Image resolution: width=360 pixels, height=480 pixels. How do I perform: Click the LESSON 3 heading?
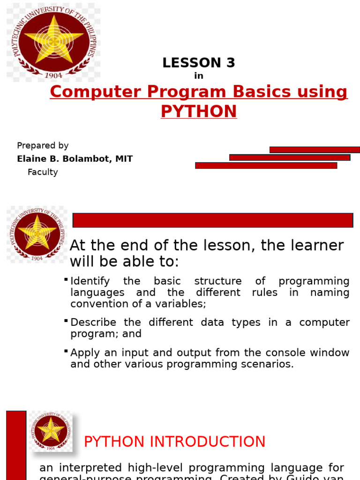coord(199,63)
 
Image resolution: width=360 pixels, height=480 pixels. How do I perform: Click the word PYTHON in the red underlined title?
coord(199,112)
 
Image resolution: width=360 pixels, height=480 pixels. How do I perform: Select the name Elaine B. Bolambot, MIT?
coord(75,159)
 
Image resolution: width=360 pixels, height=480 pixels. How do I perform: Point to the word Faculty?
coord(43,172)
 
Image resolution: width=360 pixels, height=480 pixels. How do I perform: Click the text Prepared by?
coord(43,146)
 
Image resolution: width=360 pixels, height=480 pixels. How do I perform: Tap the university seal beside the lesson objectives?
coord(37,233)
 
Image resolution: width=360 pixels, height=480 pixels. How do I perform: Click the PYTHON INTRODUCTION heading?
coord(174,442)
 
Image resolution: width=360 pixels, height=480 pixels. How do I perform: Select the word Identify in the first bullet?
coord(90,281)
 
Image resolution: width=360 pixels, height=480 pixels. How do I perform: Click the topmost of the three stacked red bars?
coord(314,150)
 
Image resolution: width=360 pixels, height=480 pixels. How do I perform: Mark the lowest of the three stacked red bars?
coord(266,165)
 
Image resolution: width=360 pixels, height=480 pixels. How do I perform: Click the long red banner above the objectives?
coord(213,220)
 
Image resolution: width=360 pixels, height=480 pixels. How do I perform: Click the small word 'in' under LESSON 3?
coord(199,76)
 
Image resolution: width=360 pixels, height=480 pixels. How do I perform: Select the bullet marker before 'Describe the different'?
coord(66,321)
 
